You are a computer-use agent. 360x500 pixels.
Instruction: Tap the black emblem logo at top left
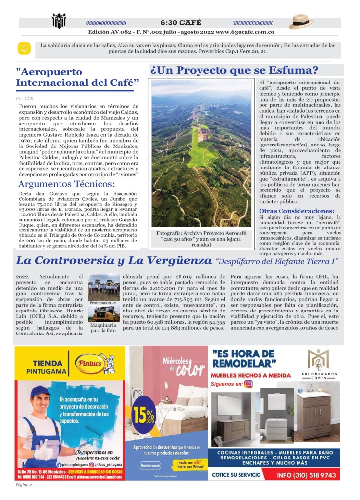click(x=59, y=21)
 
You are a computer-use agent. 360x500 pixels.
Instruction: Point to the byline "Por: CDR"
click(x=24, y=98)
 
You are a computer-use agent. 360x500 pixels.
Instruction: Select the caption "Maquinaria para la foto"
click(x=103, y=327)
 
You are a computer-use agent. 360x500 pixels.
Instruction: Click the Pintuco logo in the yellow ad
click(x=94, y=363)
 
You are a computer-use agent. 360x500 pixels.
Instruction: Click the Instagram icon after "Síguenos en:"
click(x=249, y=384)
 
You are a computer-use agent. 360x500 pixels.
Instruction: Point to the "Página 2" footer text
click(x=23, y=485)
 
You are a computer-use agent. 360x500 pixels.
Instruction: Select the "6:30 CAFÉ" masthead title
click(x=180, y=22)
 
